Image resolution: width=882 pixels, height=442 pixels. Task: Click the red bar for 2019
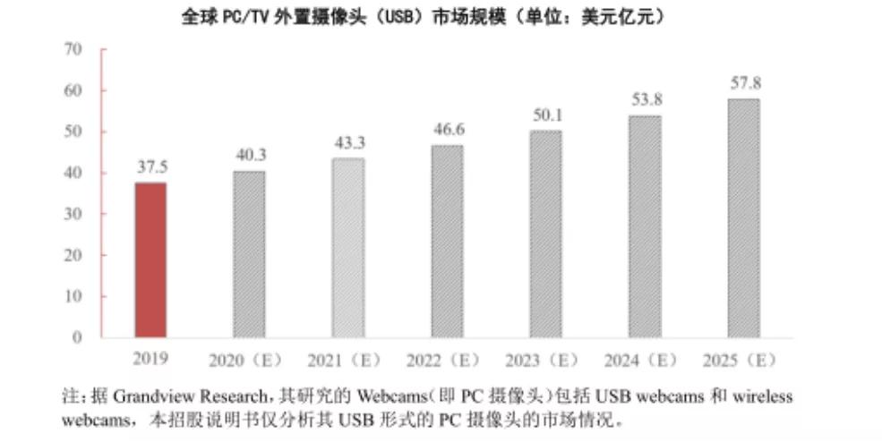[150, 259]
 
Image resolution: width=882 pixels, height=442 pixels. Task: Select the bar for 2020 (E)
[249, 254]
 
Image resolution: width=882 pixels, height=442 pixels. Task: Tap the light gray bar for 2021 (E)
[347, 248]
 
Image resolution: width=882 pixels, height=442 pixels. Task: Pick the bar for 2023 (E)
[545, 234]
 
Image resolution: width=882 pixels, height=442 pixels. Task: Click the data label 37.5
[150, 167]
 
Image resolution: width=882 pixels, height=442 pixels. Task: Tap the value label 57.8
[744, 83]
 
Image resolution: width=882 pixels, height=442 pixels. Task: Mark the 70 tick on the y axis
[73, 49]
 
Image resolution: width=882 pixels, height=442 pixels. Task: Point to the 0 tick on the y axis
[78, 337]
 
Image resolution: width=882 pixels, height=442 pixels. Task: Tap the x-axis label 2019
[150, 359]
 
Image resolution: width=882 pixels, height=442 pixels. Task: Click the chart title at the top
[424, 17]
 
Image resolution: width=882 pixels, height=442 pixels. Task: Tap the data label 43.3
[348, 143]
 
